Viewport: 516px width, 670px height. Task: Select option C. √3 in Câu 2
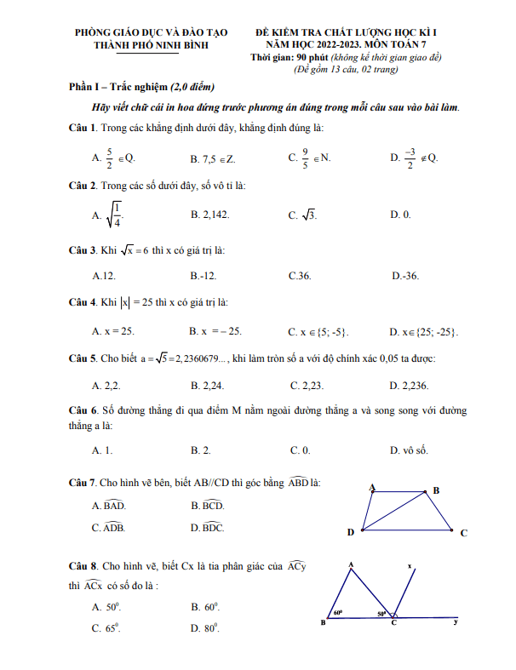(x=303, y=215)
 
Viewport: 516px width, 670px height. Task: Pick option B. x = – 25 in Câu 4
(x=216, y=331)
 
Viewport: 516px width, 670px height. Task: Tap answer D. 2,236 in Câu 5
(x=405, y=386)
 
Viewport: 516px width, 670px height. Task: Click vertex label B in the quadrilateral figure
(x=436, y=490)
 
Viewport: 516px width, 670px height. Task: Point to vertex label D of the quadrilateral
(x=351, y=533)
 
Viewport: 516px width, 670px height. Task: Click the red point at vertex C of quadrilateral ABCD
(x=450, y=530)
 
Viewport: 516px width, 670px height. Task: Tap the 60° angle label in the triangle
(x=338, y=611)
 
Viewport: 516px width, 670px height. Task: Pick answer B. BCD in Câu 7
(x=208, y=506)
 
